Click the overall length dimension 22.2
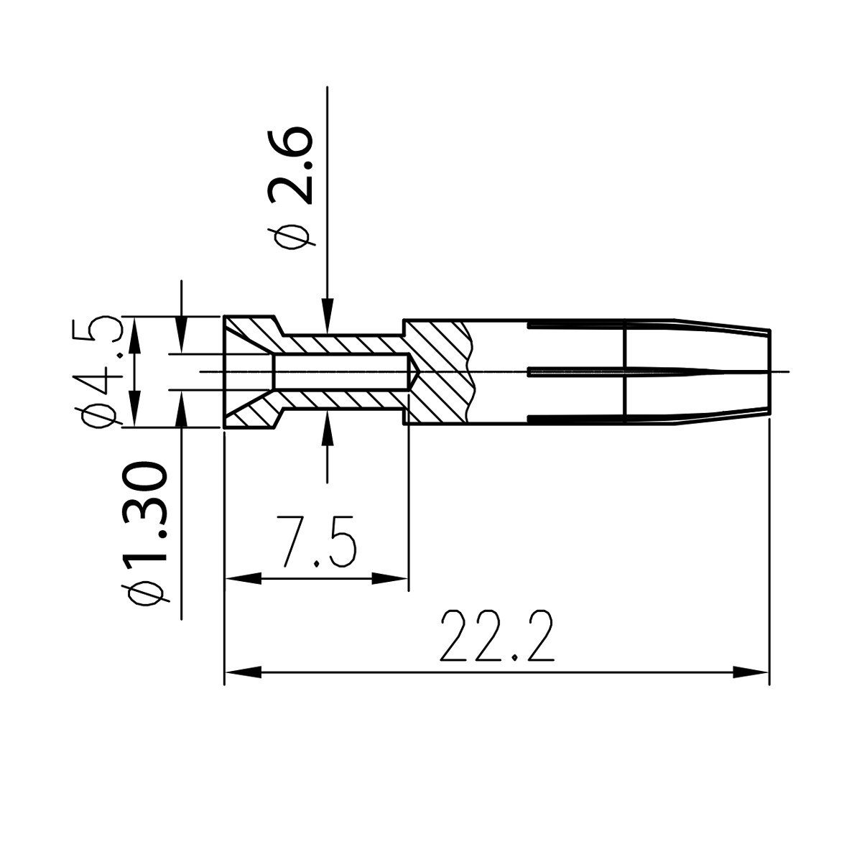(497, 637)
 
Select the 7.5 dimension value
(317, 541)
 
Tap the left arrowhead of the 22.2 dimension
(241, 673)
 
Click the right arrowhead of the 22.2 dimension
(751, 673)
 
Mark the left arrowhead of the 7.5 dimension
(242, 578)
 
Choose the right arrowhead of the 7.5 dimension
(391, 578)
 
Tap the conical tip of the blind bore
(415, 371)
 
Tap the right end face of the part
(769, 371)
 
